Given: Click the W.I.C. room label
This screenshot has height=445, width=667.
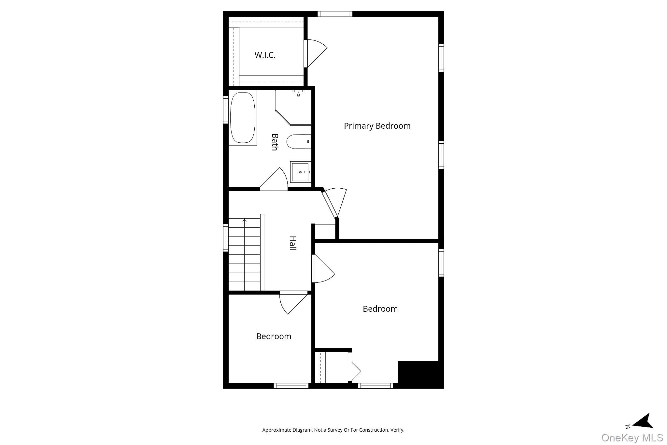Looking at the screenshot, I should [265, 55].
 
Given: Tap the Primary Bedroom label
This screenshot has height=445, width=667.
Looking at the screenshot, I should [377, 126].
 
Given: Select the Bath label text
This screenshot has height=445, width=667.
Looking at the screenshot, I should [275, 142].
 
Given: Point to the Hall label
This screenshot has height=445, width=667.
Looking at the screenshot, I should [293, 243].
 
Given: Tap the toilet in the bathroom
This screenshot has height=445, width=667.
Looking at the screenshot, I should [298, 142].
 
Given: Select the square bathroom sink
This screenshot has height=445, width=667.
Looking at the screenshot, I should [300, 172].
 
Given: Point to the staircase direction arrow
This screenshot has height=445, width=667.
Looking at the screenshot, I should [245, 221].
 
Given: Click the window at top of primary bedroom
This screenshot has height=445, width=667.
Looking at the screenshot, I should [335, 14].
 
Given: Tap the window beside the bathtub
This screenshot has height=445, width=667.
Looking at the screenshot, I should [225, 109].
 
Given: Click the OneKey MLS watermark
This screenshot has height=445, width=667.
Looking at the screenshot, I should [632, 437].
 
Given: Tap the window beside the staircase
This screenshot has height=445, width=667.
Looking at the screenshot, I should [225, 237].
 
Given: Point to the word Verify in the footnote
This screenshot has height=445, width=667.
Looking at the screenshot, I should [398, 430].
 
